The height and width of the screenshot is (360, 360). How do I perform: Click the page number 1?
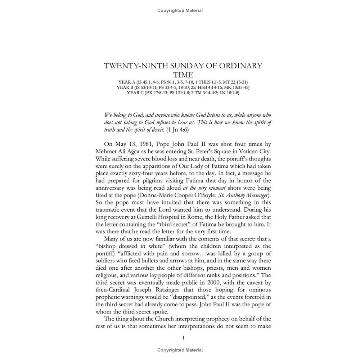click(184, 337)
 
